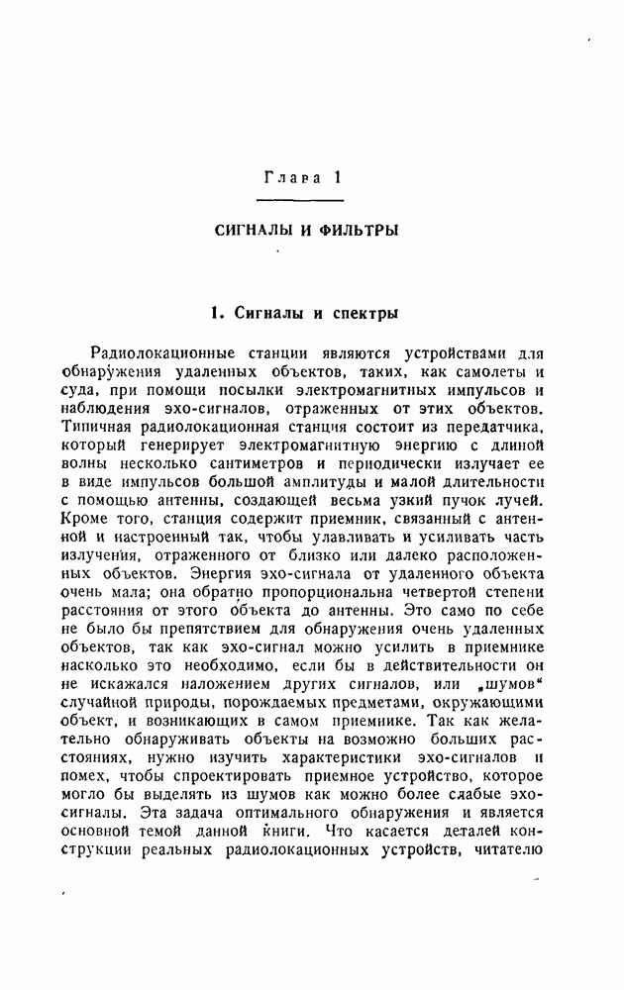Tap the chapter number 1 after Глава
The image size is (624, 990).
coord(338,178)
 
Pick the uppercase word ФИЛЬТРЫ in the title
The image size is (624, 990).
coord(355,231)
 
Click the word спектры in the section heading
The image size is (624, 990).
coord(357,314)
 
